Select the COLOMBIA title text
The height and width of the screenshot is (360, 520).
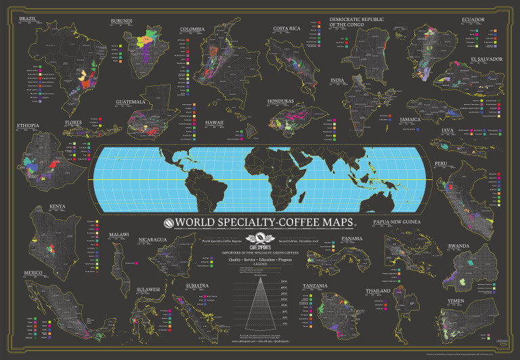pos(193,30)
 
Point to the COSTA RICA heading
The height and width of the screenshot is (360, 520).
pos(286,28)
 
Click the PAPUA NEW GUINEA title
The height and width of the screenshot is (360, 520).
pos(406,221)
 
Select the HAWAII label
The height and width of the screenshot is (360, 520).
pos(215,123)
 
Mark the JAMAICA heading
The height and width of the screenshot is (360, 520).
pos(410,119)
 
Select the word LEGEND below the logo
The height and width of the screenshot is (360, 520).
pos(259,263)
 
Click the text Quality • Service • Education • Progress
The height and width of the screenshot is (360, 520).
pos(259,258)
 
